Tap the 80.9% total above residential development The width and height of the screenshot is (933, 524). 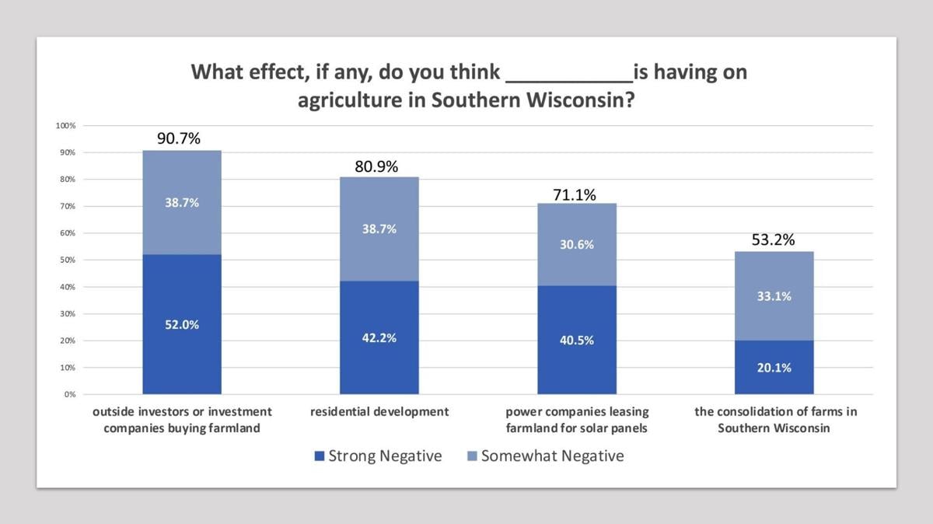[379, 166]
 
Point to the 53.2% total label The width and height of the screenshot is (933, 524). [774, 240]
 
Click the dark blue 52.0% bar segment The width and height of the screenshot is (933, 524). [181, 324]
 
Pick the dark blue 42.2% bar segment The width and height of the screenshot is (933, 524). [379, 337]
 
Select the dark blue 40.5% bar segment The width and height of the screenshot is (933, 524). [576, 340]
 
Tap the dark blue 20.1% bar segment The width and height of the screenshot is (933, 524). [774, 367]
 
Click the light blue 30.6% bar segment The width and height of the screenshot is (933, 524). [576, 244]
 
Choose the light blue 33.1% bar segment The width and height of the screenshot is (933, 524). [774, 296]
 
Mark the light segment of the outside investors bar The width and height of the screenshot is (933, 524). [181, 202]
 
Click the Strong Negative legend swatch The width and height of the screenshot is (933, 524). [319, 456]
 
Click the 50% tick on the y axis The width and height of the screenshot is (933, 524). [67, 260]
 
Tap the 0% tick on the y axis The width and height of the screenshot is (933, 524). [68, 394]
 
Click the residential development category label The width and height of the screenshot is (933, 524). [379, 412]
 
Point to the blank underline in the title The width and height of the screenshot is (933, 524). [569, 79]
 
